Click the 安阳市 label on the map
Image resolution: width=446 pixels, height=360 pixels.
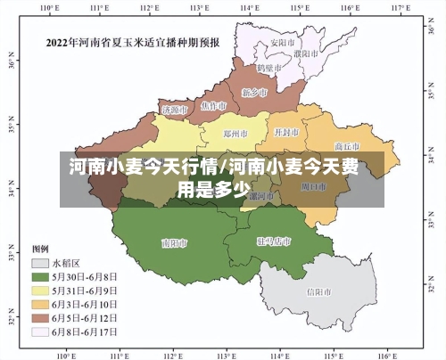point(283,43)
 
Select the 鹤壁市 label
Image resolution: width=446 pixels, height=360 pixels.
point(270,68)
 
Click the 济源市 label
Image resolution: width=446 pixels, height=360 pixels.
point(174,110)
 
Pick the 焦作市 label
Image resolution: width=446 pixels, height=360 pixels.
point(214,105)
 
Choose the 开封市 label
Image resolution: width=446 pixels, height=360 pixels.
point(286,132)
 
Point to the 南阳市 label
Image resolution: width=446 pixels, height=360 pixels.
point(174,242)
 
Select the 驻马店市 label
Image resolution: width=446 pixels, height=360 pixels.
point(274,241)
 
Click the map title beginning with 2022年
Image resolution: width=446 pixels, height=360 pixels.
point(134,41)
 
